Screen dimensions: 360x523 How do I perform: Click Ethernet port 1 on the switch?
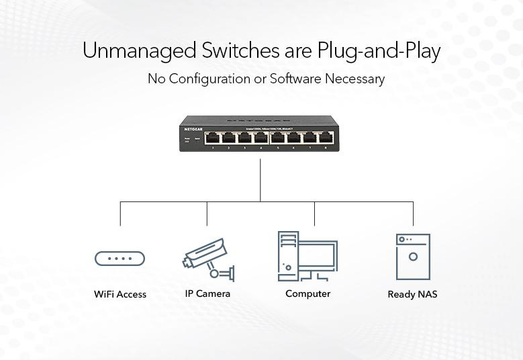click(212, 138)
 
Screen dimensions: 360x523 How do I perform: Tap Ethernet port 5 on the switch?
click(278, 138)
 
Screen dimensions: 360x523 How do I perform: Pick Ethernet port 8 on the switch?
click(326, 138)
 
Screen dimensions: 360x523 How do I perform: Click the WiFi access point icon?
click(120, 259)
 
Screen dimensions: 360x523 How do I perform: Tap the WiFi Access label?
click(120, 294)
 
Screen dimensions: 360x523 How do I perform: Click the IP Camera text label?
click(207, 294)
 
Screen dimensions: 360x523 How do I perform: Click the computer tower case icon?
click(288, 256)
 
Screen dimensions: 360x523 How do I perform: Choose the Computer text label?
click(307, 294)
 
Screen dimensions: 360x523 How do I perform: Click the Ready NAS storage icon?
click(412, 257)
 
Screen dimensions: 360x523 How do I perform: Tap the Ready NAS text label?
click(412, 294)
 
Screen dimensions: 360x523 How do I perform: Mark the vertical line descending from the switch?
click(260, 178)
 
